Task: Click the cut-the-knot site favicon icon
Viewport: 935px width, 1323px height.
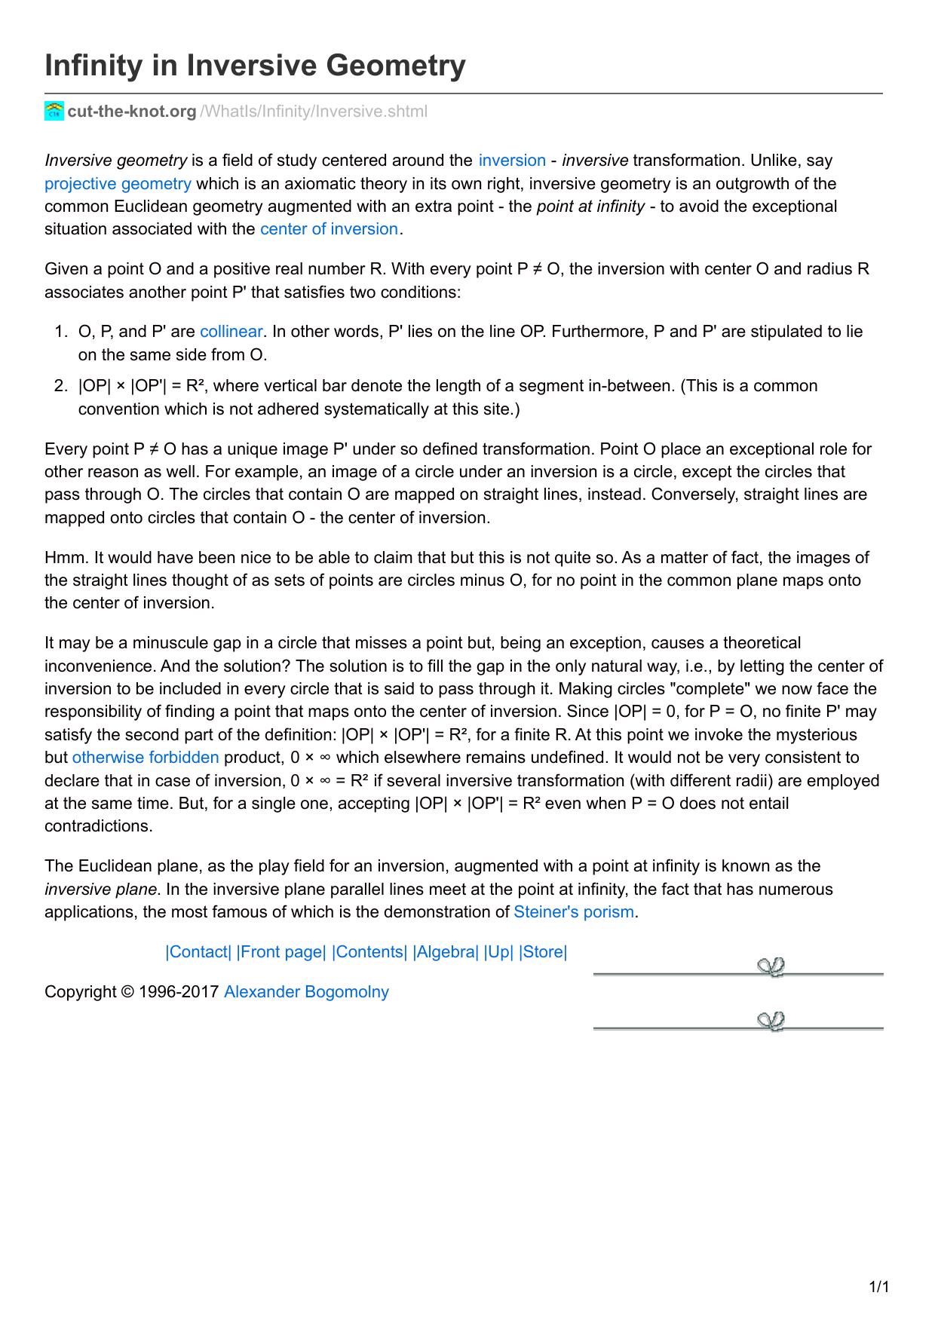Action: [54, 111]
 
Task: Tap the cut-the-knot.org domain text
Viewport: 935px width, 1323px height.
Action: [132, 112]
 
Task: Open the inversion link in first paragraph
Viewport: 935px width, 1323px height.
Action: [512, 161]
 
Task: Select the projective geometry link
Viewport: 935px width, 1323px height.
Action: [118, 184]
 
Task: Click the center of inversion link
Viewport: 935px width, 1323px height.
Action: [329, 229]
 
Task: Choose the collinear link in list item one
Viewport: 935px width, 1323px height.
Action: [231, 332]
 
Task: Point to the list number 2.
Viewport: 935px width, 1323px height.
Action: [60, 386]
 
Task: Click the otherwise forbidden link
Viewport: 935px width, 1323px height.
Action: [146, 758]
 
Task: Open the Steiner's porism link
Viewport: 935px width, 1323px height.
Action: [574, 912]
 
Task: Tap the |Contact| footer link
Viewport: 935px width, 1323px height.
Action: [198, 952]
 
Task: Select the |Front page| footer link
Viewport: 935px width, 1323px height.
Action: [281, 952]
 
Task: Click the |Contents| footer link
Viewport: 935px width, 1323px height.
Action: [369, 952]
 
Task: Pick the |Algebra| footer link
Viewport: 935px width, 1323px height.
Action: [446, 952]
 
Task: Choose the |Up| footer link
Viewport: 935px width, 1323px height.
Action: [498, 952]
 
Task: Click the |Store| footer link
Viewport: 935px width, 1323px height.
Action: [543, 952]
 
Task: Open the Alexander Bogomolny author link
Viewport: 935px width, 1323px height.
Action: [306, 992]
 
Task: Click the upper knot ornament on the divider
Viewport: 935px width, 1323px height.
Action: [771, 967]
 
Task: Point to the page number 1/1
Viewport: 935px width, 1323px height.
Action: [880, 1287]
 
